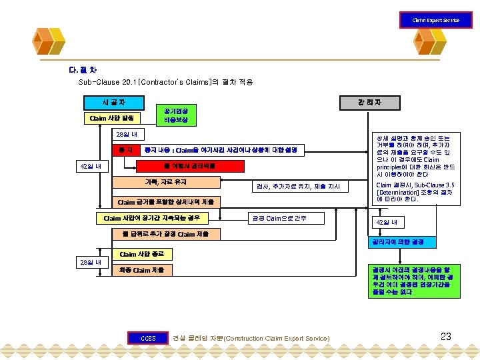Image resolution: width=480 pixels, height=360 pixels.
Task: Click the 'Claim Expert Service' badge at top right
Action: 435,20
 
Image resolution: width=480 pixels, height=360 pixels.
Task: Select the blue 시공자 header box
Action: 113,102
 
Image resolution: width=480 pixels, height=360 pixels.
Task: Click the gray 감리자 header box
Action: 369,102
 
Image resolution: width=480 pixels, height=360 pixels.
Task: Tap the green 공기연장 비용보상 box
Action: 176,115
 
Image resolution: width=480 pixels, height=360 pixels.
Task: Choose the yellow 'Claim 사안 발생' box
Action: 113,118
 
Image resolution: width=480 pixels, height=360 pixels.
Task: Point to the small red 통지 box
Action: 125,150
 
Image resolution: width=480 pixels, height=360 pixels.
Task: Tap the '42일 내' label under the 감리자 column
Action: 386,222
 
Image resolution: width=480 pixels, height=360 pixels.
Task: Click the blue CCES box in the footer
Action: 148,338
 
